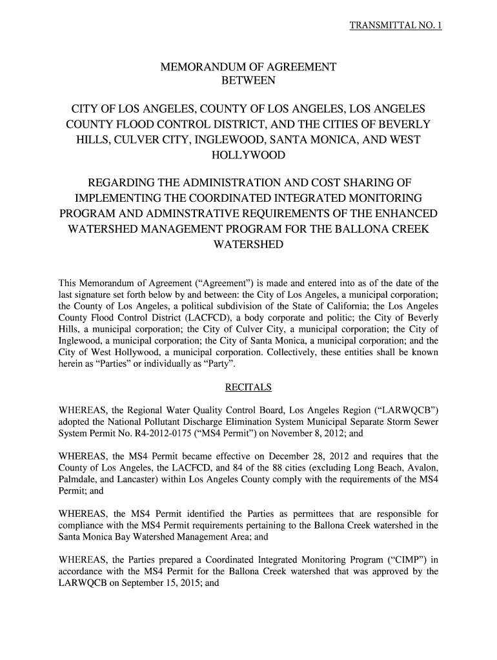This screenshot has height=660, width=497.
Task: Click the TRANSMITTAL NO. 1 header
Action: point(394,26)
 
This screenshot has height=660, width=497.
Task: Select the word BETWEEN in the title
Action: point(249,81)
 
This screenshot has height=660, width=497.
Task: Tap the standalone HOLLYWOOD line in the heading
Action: point(249,156)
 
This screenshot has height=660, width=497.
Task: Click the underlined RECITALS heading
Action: point(248,387)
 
